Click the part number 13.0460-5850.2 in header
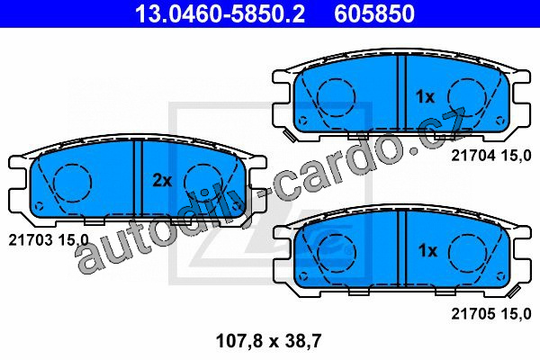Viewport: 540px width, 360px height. point(220,13)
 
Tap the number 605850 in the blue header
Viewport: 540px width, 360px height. point(374,13)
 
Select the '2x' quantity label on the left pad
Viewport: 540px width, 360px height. point(162,181)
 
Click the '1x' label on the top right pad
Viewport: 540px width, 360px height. point(426,97)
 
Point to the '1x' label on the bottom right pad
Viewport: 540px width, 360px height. point(427,250)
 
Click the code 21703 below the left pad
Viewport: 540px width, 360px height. point(31,239)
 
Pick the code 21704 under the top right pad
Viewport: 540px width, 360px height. point(473,156)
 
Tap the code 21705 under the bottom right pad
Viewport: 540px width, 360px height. point(473,314)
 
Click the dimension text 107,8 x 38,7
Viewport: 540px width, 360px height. point(268,341)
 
